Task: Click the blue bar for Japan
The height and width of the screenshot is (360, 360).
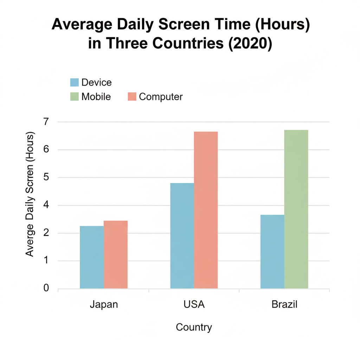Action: click(92, 257)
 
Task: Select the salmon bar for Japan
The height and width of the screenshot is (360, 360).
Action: click(116, 255)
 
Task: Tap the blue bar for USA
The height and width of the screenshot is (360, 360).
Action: click(182, 236)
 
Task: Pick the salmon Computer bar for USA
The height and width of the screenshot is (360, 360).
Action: click(206, 210)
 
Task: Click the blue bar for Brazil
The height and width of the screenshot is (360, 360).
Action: click(272, 251)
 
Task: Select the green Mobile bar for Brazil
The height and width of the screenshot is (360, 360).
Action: click(296, 209)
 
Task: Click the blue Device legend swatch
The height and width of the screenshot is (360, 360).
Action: click(74, 83)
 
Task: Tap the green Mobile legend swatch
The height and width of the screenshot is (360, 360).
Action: click(74, 97)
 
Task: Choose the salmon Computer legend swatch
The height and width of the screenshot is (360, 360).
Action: click(132, 97)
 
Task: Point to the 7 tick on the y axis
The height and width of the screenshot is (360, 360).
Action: click(46, 122)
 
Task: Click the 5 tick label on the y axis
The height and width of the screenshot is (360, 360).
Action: click(46, 178)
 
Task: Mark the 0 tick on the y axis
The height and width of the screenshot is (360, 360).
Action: click(46, 289)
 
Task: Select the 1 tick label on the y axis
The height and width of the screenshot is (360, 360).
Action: click(46, 261)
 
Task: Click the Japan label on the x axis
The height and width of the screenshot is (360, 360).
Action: click(104, 304)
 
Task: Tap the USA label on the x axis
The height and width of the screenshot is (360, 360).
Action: click(194, 304)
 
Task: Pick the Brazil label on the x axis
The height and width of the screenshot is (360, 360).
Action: click(284, 304)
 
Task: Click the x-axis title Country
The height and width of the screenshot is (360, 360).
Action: click(194, 327)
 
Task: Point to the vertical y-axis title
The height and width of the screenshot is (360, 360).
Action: click(30, 194)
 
